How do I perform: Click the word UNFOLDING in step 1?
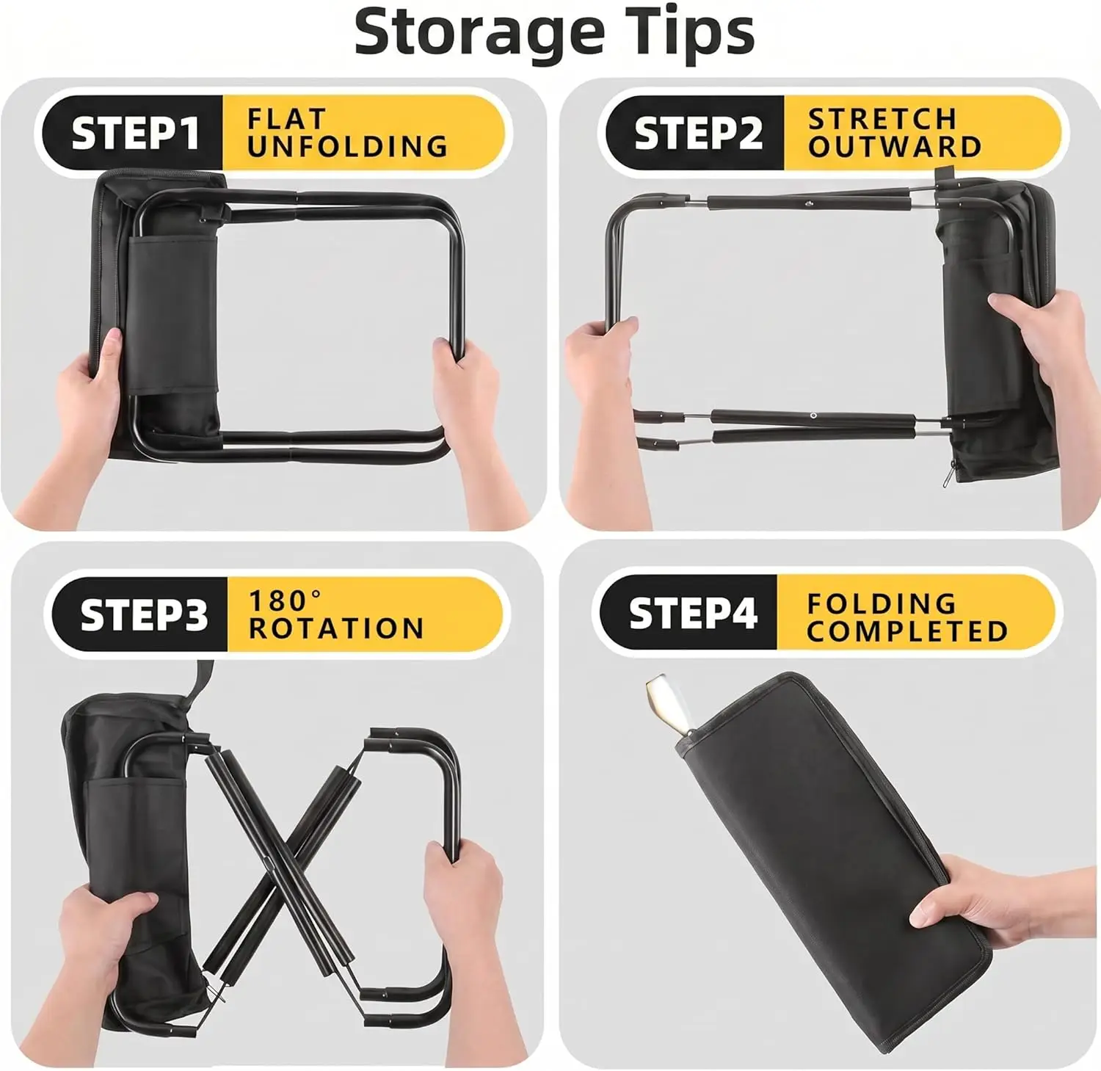(347, 146)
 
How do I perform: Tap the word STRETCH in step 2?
(882, 119)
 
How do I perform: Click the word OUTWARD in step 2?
(895, 146)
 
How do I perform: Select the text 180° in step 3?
(285, 600)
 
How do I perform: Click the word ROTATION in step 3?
(336, 628)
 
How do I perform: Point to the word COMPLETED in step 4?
(907, 631)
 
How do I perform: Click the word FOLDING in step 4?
(882, 604)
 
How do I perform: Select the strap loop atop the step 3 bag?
(200, 680)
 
